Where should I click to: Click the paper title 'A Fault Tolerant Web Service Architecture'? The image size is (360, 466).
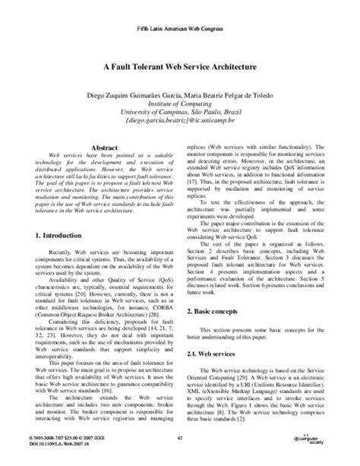tap(180, 67)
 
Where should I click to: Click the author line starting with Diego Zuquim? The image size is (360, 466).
tap(180, 97)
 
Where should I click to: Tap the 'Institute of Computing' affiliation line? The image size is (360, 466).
tap(180, 106)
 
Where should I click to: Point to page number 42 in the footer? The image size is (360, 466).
tap(180, 439)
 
